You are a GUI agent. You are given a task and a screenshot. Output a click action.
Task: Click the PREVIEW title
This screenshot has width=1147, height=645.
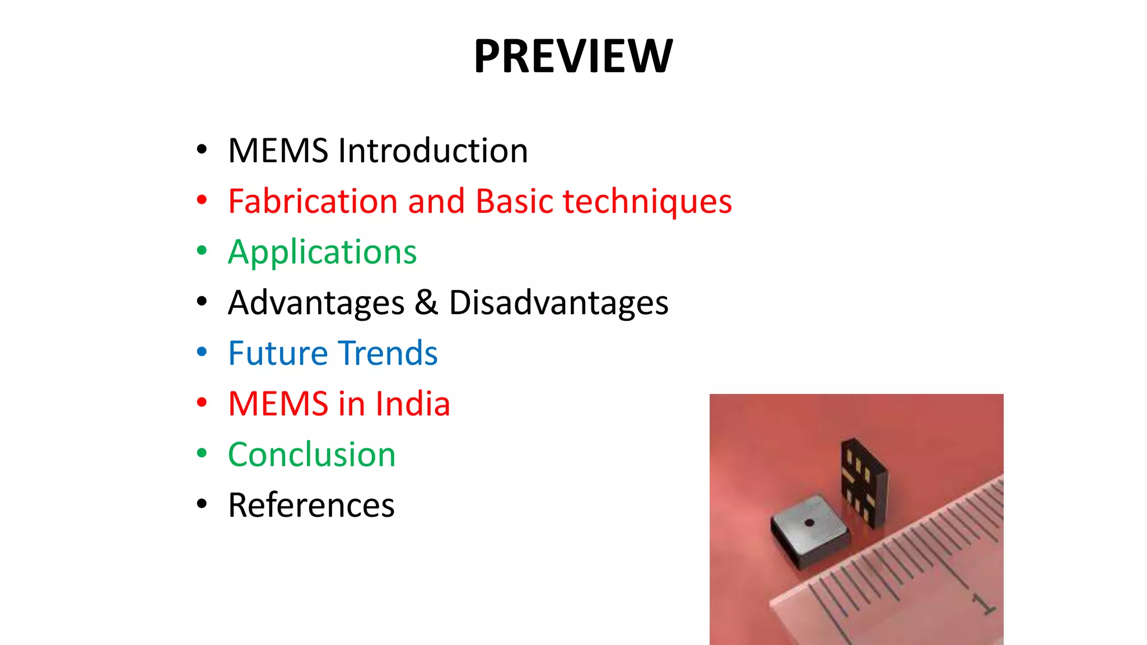[573, 56]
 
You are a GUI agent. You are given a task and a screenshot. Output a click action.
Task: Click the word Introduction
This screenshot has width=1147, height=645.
[433, 151]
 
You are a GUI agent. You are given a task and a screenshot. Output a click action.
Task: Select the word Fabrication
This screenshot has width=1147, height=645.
[313, 201]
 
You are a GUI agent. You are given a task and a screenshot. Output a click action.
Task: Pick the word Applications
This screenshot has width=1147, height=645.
[322, 253]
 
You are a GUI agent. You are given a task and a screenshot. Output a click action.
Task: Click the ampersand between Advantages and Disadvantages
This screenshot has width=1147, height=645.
[426, 302]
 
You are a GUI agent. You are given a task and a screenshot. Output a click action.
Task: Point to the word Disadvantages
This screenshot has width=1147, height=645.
[558, 303]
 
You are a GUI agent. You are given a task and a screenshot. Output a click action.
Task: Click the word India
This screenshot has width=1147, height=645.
[413, 404]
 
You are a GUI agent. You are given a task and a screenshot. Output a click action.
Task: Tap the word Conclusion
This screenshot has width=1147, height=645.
[311, 454]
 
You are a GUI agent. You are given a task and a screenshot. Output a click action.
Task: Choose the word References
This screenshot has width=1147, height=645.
[311, 505]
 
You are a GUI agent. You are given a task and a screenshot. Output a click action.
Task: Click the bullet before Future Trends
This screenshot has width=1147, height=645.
[202, 352]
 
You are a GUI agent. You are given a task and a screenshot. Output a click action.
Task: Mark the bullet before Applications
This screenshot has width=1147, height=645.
[202, 251]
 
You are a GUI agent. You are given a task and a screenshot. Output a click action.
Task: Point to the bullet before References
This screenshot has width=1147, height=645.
[202, 504]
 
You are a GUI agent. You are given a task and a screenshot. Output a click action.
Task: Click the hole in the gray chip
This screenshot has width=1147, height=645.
[809, 523]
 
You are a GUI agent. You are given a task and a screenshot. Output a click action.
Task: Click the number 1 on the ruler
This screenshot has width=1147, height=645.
[983, 604]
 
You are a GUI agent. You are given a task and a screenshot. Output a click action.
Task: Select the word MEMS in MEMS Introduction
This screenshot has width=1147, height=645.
[278, 151]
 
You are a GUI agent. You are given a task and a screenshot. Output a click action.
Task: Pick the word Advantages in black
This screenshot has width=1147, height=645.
[316, 303]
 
